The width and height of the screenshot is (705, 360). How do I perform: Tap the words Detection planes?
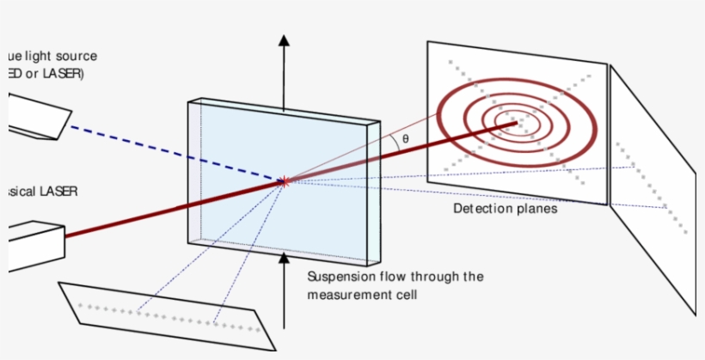click(505, 209)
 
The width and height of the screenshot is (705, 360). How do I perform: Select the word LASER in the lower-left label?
click(58, 191)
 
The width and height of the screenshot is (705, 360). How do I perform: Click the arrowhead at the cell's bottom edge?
click(285, 255)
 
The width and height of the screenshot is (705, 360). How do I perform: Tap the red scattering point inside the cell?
click(285, 180)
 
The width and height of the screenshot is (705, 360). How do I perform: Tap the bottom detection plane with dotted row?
click(163, 315)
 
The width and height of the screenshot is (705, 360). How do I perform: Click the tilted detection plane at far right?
click(653, 189)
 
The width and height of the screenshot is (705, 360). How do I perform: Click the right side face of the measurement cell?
click(373, 192)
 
